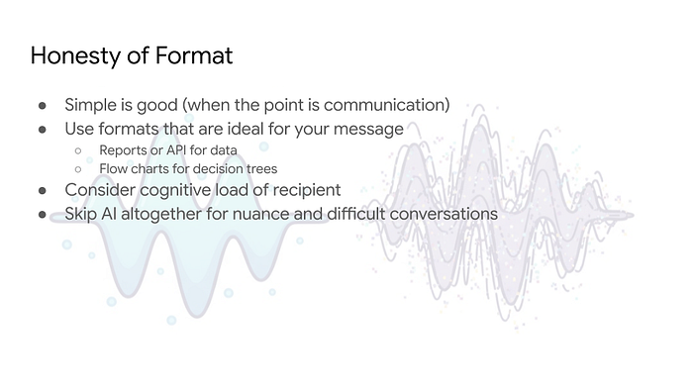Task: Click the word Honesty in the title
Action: [75, 56]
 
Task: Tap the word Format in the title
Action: [194, 55]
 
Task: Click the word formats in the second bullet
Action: [129, 129]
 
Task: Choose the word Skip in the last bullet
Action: [81, 214]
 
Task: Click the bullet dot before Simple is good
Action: [43, 106]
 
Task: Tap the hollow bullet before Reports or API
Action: [78, 151]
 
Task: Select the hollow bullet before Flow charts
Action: [78, 169]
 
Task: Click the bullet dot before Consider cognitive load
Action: [43, 191]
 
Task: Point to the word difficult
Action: [356, 214]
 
